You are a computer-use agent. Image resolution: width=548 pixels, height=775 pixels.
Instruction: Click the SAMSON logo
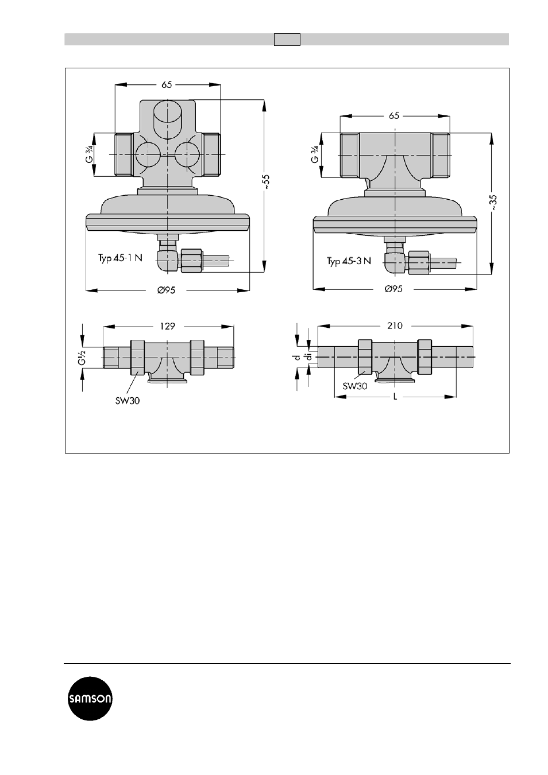click(x=90, y=699)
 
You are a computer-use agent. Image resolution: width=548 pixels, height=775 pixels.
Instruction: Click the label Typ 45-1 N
click(x=120, y=258)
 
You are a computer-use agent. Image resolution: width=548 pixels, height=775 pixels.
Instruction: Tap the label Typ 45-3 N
click(x=349, y=261)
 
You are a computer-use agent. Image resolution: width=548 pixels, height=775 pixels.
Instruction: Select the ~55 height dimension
click(x=265, y=181)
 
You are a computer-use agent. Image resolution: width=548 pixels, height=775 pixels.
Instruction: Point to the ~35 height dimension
click(x=493, y=203)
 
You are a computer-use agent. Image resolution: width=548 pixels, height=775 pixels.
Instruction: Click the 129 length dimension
click(x=168, y=326)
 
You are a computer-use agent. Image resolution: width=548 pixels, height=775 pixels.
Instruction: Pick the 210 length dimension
click(x=395, y=325)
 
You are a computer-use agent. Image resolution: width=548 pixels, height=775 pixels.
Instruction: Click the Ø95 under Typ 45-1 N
click(x=166, y=290)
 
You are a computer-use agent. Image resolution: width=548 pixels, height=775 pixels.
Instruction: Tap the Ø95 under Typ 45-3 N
click(x=393, y=289)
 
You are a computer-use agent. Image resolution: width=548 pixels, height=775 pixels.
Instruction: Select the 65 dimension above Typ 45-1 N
click(x=167, y=84)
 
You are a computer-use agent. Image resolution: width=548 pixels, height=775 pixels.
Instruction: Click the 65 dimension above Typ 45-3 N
click(x=394, y=115)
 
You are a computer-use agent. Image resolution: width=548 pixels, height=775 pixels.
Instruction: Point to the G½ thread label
click(x=82, y=358)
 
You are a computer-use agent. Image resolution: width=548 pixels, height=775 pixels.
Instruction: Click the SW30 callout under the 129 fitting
click(x=128, y=401)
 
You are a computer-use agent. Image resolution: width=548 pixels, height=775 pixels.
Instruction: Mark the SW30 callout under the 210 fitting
click(x=355, y=386)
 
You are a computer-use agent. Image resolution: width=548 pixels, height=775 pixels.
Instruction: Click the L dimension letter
click(x=395, y=397)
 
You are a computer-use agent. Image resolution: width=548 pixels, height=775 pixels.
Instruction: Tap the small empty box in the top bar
click(x=287, y=40)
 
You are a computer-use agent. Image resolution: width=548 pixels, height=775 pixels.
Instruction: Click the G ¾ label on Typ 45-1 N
click(x=89, y=154)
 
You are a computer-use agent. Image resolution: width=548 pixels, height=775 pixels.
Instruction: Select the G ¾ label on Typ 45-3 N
click(x=315, y=154)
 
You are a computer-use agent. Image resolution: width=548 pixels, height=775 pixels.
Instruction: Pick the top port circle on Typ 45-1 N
click(x=167, y=119)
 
